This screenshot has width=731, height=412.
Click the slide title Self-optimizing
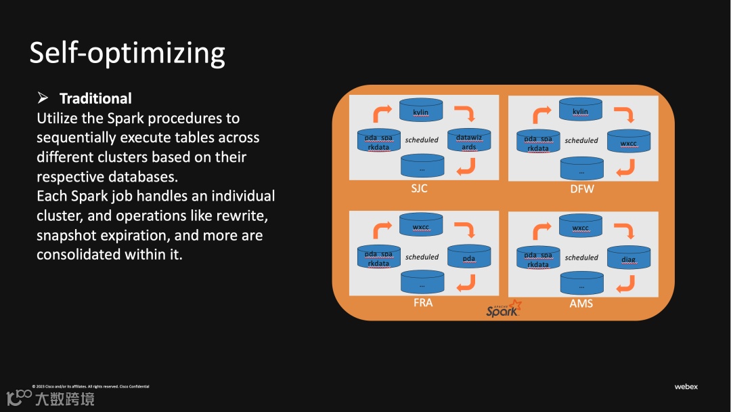(127, 53)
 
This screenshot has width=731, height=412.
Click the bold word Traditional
(95, 98)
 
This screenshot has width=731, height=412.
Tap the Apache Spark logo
(504, 309)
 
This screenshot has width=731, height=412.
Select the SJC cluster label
(419, 188)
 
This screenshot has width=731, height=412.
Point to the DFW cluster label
(581, 189)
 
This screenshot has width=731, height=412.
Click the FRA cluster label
(422, 302)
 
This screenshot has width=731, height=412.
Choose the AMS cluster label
(581, 303)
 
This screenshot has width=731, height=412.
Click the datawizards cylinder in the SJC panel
(469, 141)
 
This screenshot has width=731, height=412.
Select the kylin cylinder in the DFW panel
(580, 110)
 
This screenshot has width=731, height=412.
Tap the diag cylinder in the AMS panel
(629, 258)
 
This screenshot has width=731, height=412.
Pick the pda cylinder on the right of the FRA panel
(469, 257)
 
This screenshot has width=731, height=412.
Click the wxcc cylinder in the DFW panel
(629, 142)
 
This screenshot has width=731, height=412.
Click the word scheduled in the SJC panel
(422, 140)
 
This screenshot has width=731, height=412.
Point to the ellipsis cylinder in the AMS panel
(581, 284)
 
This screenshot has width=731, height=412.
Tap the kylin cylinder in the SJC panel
(420, 110)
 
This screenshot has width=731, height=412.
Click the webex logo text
(686, 387)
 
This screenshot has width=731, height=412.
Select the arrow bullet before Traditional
(43, 98)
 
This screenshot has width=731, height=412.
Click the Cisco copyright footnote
(91, 387)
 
